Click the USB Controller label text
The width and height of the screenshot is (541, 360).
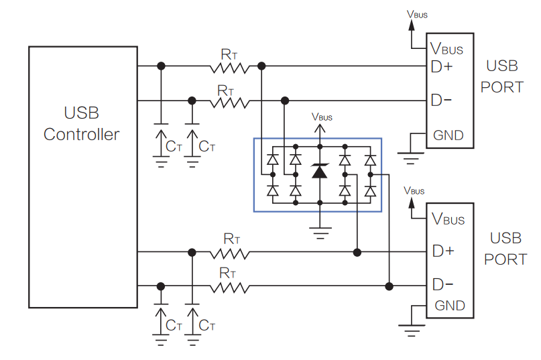click(82, 123)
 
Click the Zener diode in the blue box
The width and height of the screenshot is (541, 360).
click(320, 171)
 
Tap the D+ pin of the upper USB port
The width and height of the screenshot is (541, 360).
click(442, 67)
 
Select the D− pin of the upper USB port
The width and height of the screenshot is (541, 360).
click(441, 101)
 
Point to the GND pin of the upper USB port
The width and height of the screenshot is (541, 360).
click(448, 135)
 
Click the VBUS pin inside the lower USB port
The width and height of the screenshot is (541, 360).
click(448, 219)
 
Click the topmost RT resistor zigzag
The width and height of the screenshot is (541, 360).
click(229, 67)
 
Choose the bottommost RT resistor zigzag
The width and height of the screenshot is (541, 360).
click(229, 288)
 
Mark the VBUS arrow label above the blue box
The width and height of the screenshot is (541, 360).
click(322, 117)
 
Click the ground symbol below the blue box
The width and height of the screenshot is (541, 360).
click(320, 233)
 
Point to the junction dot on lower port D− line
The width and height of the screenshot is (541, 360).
click(389, 287)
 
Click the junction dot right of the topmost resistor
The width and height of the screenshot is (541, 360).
click(261, 66)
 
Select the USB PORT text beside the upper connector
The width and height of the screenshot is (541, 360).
click(502, 76)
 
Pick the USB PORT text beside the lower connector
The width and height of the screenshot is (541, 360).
click(505, 249)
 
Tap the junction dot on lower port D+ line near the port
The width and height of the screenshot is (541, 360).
click(357, 253)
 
